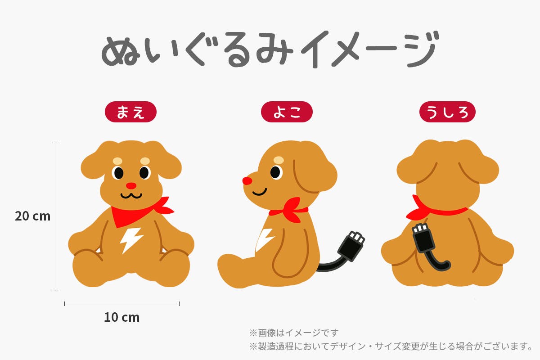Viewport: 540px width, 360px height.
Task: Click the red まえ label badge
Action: click(x=130, y=112)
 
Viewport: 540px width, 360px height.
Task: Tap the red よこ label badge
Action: click(x=287, y=112)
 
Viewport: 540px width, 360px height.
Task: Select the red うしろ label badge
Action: click(x=447, y=112)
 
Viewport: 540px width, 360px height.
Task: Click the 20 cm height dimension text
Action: click(x=32, y=216)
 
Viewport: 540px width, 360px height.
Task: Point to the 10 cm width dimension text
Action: click(x=122, y=317)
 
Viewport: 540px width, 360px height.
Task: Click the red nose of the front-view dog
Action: click(x=131, y=186)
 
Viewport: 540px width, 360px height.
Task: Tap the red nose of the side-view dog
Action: click(x=247, y=181)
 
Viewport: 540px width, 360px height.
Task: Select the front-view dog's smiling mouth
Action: click(x=131, y=195)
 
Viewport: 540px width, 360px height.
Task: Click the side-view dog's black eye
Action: click(x=275, y=172)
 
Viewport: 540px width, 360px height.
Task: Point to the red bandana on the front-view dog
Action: click(x=140, y=212)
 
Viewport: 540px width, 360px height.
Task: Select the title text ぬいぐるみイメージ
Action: click(x=270, y=49)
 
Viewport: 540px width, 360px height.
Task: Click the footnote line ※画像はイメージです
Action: click(x=294, y=333)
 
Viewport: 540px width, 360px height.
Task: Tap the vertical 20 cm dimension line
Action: click(x=56, y=216)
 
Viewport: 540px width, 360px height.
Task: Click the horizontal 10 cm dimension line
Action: click(x=122, y=304)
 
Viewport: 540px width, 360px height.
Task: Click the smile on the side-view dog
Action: click(x=260, y=192)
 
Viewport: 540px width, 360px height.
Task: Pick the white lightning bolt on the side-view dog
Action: click(x=264, y=240)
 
